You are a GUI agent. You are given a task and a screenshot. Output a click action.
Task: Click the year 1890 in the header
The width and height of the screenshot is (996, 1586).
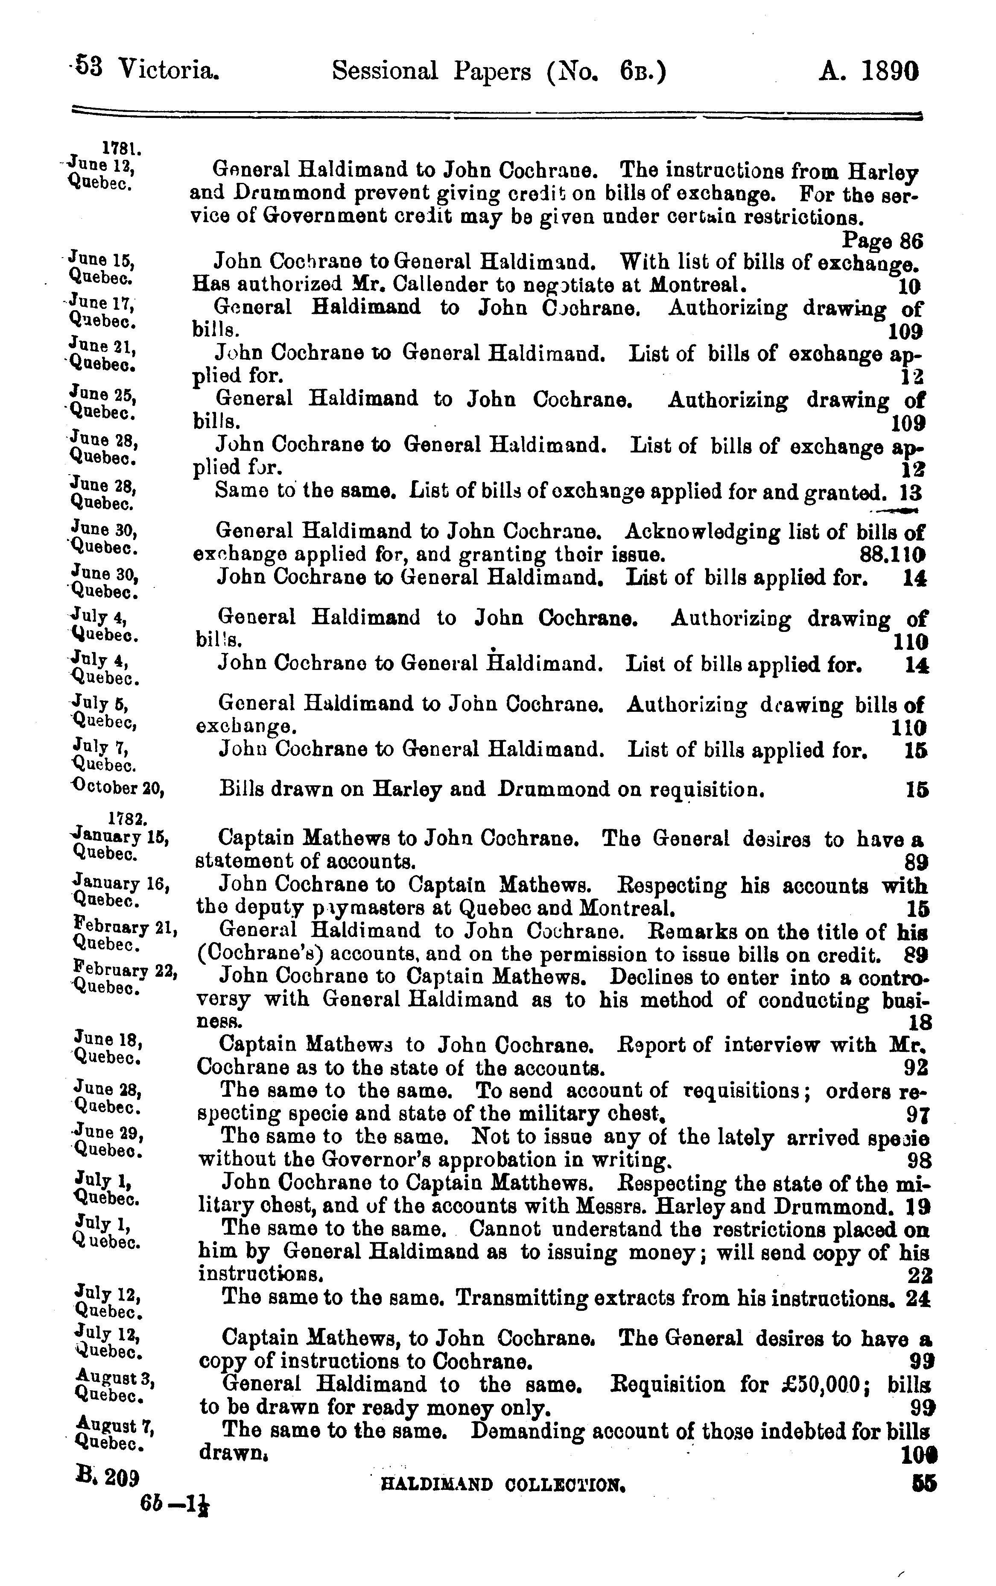(889, 70)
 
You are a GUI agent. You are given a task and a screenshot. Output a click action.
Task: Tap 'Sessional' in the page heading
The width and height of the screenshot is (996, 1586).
(385, 70)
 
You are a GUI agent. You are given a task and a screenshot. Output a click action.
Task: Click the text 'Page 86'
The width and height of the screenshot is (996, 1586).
(883, 241)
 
